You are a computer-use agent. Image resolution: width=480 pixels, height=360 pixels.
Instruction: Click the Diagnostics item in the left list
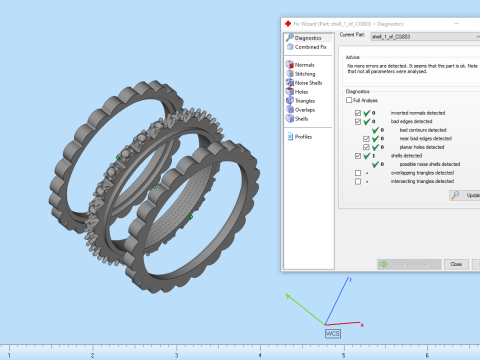[309, 38]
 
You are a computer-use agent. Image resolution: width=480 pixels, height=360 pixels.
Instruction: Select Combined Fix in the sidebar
[311, 47]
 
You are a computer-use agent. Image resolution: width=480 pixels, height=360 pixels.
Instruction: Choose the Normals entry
[305, 65]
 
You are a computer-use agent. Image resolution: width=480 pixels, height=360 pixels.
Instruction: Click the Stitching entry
[306, 74]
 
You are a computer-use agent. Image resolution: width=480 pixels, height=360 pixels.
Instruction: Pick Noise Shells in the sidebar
[310, 83]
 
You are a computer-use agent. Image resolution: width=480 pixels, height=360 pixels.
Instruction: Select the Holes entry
[302, 92]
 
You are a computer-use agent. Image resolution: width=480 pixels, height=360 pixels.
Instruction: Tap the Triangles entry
[307, 101]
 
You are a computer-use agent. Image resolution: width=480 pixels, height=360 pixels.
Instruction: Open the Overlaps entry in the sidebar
[306, 110]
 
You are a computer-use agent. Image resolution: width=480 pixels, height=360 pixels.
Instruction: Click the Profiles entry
[304, 137]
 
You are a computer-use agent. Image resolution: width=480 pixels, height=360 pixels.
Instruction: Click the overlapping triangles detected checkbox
[358, 173]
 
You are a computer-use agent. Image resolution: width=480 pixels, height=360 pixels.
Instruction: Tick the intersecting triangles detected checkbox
[358, 182]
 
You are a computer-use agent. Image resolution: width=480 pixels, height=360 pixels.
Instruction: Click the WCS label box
[333, 332]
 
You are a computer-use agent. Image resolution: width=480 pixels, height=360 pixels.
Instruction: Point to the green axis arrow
[289, 297]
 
